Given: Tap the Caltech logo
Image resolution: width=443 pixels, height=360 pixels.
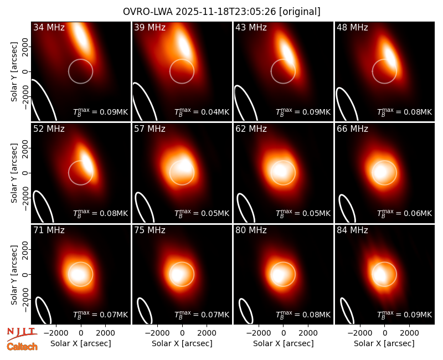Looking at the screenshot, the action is tap(22, 347).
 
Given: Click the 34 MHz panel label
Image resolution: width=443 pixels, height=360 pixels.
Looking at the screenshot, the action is tap(49, 27).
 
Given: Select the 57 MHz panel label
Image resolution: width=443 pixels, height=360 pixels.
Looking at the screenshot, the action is tap(150, 129).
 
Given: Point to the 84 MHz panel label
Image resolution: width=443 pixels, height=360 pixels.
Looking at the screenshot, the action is tap(352, 230).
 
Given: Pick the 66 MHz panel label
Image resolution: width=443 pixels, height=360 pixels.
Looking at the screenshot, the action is tap(352, 129).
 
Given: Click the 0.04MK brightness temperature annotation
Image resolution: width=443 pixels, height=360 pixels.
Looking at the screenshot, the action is tap(202, 112).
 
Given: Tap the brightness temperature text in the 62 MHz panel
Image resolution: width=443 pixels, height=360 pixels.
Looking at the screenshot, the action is tap(303, 213).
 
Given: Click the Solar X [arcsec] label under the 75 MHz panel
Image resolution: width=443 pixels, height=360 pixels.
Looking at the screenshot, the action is tap(182, 343).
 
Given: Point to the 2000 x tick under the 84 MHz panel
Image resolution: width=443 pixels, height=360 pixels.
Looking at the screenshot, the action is tap(409, 333).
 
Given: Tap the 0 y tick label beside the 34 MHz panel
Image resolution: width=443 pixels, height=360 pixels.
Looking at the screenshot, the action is tap(25, 71).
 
